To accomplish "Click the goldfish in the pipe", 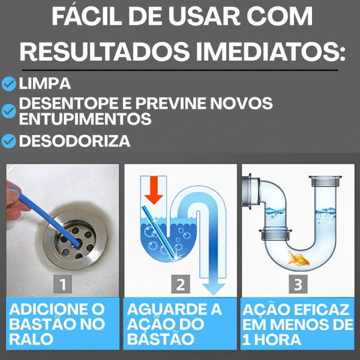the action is [x=298, y=259].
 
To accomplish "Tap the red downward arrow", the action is [x=154, y=190].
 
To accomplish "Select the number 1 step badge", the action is [x=62, y=284].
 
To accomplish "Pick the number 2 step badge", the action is [x=181, y=284].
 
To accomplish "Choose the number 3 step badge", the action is [x=298, y=284].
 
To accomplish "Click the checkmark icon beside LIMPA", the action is [x=9, y=84].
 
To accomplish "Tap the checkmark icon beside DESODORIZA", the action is [x=9, y=141].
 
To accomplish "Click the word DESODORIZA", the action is [x=74, y=141].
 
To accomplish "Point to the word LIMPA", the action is [x=45, y=83].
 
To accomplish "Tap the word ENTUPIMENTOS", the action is [x=85, y=118].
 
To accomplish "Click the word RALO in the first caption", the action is [x=31, y=339].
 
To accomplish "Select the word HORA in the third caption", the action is [x=277, y=340].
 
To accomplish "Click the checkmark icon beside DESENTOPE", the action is [x=9, y=111].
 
